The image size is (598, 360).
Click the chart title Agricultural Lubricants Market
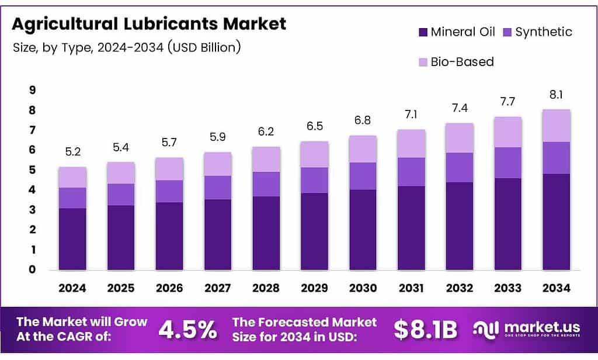coord(149,24)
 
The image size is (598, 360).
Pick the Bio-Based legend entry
coord(462,61)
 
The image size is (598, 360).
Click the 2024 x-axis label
coord(72,288)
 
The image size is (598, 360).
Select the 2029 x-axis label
coord(314,288)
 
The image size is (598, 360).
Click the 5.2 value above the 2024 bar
coord(72,152)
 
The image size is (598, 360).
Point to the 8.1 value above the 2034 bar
coord(556,95)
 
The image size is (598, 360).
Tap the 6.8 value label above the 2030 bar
coord(363,121)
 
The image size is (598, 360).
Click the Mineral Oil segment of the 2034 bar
coord(556,222)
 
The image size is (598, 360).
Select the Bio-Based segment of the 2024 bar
coord(72,177)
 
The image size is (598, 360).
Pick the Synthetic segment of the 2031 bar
coord(411,172)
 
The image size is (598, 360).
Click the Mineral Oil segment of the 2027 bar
coord(218,234)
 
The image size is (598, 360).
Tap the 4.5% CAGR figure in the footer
coord(187,330)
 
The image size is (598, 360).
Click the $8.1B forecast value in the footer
coord(425,330)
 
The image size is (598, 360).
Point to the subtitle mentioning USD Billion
coord(127,47)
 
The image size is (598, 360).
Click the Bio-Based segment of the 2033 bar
coord(507,132)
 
